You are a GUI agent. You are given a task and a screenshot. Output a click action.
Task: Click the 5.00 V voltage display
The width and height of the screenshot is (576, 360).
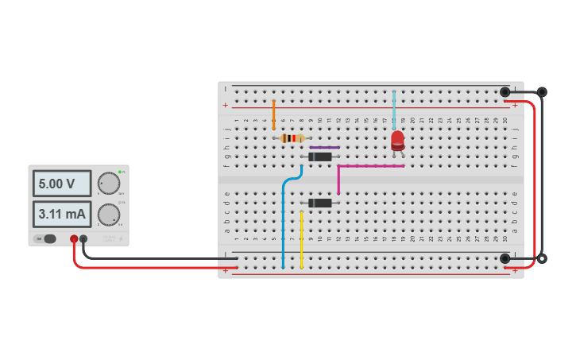61,184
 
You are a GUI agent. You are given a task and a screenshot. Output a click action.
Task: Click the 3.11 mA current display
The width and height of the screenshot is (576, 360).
61,214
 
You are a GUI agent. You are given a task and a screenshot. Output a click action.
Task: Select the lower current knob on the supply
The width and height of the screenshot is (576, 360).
108,214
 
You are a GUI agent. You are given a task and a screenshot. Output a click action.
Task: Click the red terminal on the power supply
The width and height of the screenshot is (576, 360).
74,238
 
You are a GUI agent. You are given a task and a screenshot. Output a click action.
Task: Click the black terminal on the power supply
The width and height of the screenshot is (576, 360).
83,238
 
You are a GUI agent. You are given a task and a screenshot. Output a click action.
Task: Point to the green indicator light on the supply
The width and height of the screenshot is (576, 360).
120,172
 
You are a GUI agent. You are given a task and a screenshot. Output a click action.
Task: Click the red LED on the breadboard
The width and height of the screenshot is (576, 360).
397,141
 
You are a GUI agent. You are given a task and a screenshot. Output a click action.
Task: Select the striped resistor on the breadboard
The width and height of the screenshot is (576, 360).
292,138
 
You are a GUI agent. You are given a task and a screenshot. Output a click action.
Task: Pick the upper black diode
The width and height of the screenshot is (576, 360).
319,157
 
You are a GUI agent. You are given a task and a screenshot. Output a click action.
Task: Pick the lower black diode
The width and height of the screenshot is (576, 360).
319,203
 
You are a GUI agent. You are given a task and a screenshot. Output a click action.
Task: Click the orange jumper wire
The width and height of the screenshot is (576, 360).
273,115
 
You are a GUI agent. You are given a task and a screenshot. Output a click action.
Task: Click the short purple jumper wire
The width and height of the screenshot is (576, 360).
324,147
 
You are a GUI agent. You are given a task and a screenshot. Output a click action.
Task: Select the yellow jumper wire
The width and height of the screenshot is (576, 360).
301,238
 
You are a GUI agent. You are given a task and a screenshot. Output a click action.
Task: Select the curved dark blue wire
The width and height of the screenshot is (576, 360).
284,215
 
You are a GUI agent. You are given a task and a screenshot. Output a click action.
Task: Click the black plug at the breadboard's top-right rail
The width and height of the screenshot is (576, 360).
504,92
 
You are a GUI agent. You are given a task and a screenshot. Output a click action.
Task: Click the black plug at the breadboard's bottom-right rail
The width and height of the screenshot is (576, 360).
504,258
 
